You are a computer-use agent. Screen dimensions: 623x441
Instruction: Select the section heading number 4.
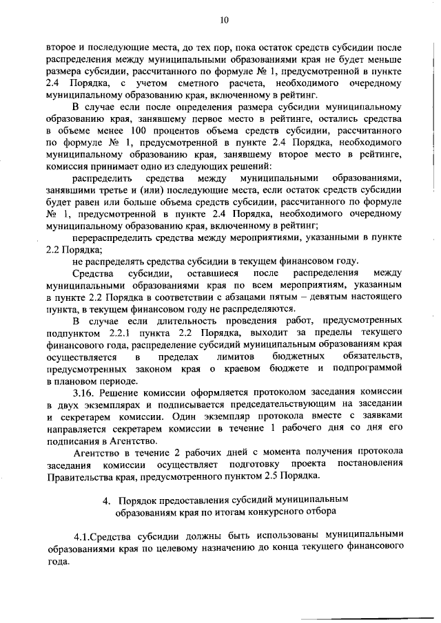click(x=106, y=500)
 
